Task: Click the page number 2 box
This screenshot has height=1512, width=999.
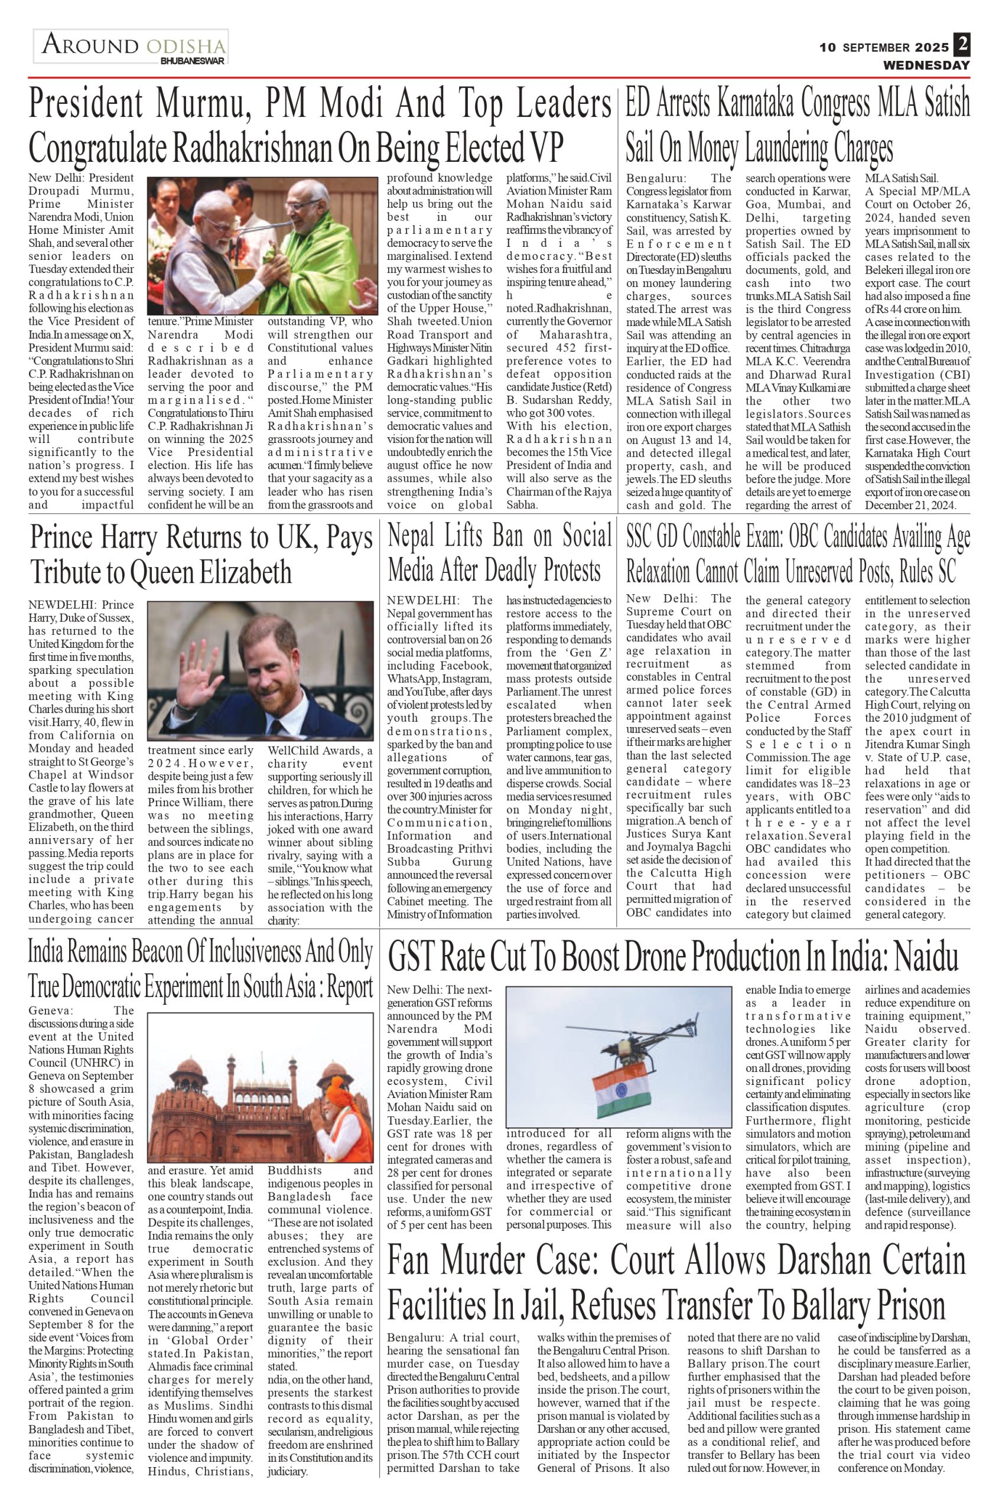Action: (x=961, y=46)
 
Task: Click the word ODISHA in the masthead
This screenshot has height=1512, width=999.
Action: (x=186, y=47)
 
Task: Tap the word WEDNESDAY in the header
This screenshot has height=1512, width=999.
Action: (x=926, y=66)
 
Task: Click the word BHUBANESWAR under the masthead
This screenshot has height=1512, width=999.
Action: (x=193, y=61)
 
